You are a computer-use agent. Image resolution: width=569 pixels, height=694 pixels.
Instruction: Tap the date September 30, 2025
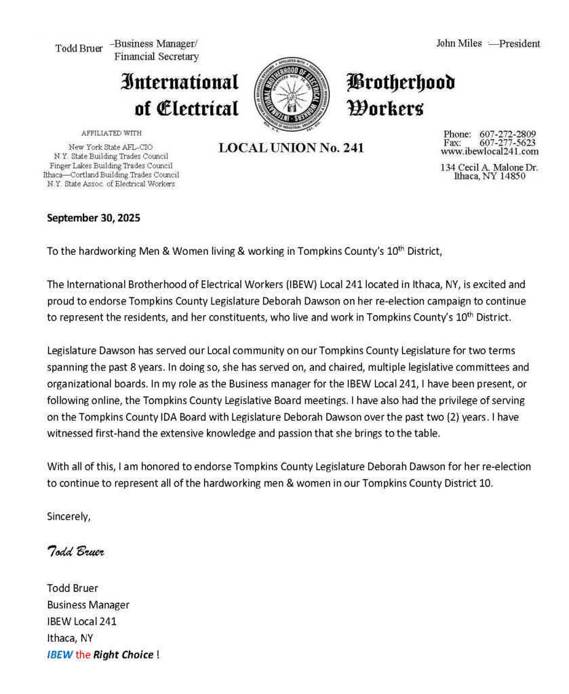coord(93,218)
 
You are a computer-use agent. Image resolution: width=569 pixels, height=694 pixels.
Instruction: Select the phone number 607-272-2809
coord(507,134)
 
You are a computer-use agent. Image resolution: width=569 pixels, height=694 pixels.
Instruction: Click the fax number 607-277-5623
coord(507,142)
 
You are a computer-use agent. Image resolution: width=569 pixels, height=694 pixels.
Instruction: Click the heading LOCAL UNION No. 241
coord(291,148)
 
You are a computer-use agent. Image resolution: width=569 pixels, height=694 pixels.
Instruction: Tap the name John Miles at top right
coord(458,43)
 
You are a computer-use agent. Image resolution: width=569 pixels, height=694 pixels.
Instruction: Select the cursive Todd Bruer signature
coord(75,551)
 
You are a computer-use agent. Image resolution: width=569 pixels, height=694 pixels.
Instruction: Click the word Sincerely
coord(68,516)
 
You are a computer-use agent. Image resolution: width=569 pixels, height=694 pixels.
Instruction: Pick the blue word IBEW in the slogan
coord(58,655)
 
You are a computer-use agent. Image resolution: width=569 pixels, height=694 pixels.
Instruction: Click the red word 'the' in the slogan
coord(83,655)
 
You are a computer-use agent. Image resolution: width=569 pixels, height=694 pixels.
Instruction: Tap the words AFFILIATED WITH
coord(111,133)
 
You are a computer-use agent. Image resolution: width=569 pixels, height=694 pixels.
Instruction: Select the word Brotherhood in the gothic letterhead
coord(401,83)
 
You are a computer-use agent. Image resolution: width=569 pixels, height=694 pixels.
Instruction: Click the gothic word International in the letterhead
coord(180,83)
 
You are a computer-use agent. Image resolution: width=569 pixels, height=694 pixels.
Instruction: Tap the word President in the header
coord(519,43)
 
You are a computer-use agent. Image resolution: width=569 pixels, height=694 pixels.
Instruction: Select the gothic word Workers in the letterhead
coord(385,108)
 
